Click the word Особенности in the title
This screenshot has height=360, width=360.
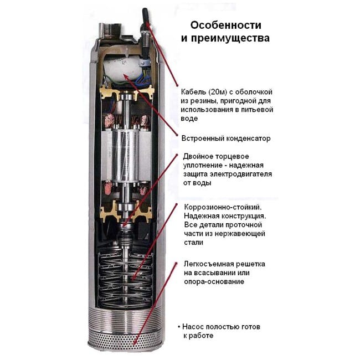click(225, 25)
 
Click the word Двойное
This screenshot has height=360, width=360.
click(199, 157)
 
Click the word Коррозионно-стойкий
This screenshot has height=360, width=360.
click(223, 207)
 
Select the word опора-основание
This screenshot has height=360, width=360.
click(214, 281)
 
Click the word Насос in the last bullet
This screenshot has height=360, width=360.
click(193, 327)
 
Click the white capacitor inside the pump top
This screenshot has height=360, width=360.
click(121, 69)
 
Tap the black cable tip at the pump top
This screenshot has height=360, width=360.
click(146, 15)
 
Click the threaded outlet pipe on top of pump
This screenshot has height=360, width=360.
click(111, 30)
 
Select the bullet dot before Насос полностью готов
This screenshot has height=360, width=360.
click(179, 327)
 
